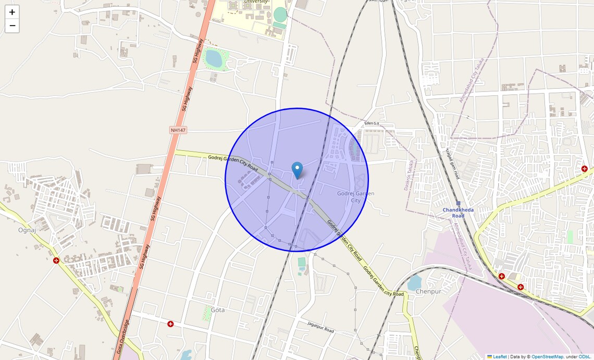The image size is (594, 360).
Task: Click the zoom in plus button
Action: point(12,12)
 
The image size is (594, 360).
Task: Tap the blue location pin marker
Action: point(297,170)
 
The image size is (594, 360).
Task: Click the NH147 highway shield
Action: point(178,130)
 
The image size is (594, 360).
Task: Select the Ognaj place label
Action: point(27,230)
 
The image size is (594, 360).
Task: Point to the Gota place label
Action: point(218,310)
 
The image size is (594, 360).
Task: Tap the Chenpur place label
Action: point(428,291)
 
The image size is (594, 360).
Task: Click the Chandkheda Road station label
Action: point(458,213)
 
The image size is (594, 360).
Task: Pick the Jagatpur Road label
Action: point(320,327)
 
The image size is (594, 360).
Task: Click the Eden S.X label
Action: point(372,123)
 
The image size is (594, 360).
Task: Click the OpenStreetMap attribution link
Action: point(547,357)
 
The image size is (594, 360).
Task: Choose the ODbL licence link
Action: point(584,357)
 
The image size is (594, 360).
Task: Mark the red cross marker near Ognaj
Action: point(56,260)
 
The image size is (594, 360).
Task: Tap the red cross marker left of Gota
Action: point(170,324)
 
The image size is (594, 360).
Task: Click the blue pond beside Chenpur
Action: point(415,283)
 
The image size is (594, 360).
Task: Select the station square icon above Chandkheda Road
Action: point(458,203)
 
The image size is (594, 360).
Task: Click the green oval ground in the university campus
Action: point(280,14)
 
